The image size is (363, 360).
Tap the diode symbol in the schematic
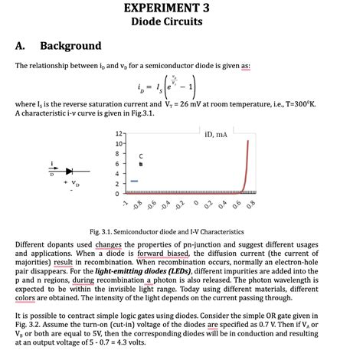click(74, 170)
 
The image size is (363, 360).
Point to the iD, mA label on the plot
click(217, 135)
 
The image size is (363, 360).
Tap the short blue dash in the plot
click(134, 181)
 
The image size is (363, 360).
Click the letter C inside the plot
click(140, 155)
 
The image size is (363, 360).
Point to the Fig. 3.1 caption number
click(101, 231)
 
